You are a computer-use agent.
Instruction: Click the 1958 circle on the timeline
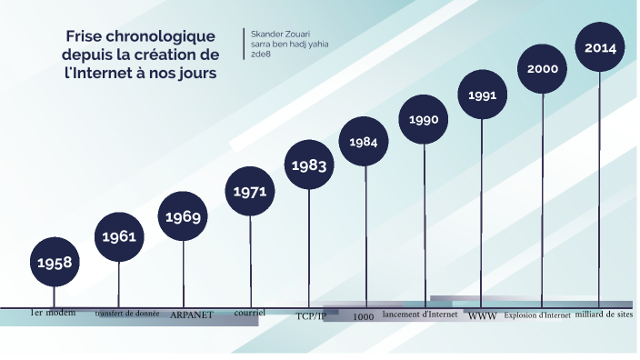pos(55,262)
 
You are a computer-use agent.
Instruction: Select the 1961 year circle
pos(119,236)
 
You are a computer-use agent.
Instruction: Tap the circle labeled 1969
pos(183,216)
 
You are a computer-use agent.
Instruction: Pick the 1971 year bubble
pos(249,192)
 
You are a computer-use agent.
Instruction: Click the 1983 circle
pos(309,165)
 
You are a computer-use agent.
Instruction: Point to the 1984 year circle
pos(364,142)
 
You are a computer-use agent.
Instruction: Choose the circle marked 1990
pos(424,119)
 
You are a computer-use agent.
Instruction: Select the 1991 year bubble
pos(482,95)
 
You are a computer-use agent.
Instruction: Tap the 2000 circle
pos(543,69)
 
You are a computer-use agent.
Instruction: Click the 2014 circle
pos(600,47)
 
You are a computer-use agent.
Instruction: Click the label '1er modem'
pos(53,313)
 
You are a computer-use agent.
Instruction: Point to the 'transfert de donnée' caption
pos(127,314)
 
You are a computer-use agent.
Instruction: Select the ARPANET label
pos(192,315)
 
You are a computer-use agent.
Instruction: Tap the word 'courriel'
pos(249,312)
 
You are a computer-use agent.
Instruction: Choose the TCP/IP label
pos(310,316)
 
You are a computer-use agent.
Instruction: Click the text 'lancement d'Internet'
pos(420,315)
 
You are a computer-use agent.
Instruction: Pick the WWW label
pos(482,316)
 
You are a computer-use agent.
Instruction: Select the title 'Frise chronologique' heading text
pos(140,36)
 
